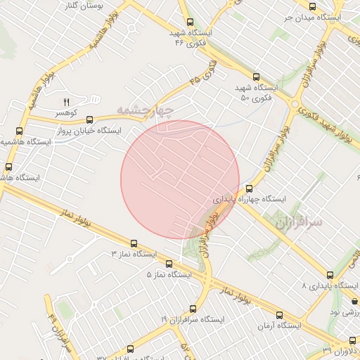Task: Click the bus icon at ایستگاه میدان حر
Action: click(312, 6)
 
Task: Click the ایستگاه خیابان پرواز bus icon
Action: click(89, 120)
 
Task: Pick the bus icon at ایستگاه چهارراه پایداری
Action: click(249, 188)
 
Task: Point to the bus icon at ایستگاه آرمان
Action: click(279, 315)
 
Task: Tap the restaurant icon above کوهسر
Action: click(67, 103)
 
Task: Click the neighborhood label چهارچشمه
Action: click(144, 110)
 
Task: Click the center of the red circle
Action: click(180, 179)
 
